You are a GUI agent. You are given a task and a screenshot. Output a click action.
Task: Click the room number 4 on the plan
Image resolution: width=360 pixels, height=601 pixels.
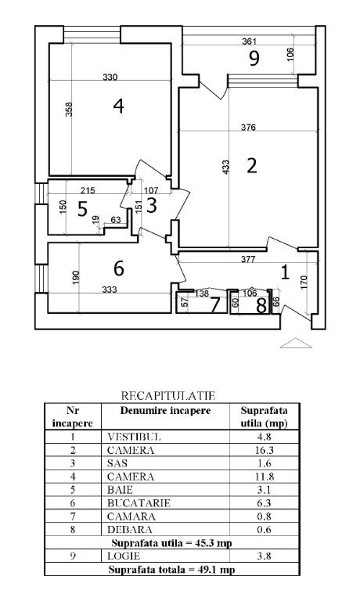[x=118, y=106]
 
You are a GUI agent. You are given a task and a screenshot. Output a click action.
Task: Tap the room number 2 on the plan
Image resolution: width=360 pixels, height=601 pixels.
[x=251, y=166]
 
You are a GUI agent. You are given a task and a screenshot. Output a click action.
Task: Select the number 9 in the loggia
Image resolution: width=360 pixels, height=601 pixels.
[x=254, y=58]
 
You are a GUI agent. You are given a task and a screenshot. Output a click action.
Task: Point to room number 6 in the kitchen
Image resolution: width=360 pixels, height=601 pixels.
[x=119, y=268]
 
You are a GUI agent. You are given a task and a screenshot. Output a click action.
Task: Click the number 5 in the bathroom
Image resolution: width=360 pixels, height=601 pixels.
[x=82, y=209]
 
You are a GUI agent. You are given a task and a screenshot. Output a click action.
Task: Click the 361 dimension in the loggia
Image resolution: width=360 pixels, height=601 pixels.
[x=249, y=41]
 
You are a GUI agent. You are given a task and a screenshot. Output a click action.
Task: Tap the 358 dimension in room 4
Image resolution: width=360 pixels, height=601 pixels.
[x=69, y=109]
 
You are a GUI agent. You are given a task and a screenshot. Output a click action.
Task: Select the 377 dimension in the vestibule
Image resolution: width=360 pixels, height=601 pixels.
[x=248, y=259]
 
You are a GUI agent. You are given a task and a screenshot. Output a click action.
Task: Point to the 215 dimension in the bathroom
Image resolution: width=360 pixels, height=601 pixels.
[x=88, y=190]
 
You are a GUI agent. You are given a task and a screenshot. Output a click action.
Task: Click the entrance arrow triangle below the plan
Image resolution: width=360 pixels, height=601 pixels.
[x=296, y=343]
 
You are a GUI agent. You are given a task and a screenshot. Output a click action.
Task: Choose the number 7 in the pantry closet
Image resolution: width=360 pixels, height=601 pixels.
[x=214, y=305]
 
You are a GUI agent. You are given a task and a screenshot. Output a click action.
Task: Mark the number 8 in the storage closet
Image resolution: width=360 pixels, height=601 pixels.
[x=261, y=306]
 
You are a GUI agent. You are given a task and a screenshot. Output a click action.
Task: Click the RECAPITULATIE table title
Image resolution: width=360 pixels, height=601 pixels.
[x=168, y=395]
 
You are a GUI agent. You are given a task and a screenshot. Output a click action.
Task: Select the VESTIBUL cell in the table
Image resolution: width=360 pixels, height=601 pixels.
[x=134, y=437]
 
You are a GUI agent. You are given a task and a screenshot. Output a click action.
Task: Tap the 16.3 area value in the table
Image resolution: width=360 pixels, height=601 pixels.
[x=265, y=451]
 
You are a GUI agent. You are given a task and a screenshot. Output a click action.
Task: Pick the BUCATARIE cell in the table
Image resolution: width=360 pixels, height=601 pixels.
[x=139, y=503]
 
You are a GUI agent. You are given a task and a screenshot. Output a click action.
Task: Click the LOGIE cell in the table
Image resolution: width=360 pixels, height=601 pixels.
[x=124, y=556]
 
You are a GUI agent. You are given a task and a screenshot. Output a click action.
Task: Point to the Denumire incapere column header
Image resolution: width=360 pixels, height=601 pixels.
[x=166, y=411]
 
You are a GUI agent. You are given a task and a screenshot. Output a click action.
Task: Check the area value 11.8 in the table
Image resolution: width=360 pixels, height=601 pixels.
[x=265, y=477]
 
